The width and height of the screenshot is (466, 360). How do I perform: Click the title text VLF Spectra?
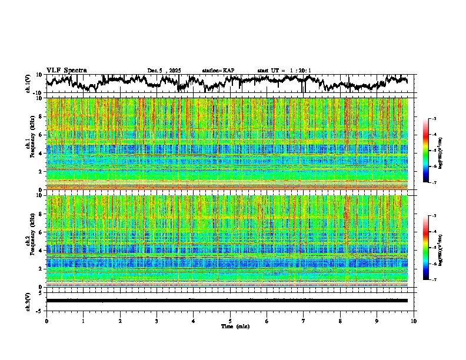click(x=66, y=71)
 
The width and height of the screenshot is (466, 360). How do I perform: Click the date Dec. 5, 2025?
click(x=164, y=71)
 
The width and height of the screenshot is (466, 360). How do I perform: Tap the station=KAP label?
click(x=218, y=71)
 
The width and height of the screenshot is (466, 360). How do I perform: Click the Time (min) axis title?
click(x=235, y=326)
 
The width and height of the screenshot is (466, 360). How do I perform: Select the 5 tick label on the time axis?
click(x=230, y=321)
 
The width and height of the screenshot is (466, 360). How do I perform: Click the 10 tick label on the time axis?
click(x=414, y=321)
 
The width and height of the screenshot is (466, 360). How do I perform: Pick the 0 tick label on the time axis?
click(x=46, y=321)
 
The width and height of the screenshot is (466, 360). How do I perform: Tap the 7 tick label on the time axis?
click(x=304, y=321)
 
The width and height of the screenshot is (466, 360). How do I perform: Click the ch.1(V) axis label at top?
click(x=28, y=84)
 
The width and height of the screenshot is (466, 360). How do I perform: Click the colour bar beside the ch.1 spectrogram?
click(x=426, y=151)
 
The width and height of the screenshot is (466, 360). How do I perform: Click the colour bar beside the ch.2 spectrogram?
click(x=426, y=248)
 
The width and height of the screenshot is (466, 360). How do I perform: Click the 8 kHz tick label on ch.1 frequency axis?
click(x=41, y=117)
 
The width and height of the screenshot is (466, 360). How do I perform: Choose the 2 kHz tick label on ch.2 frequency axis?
click(x=41, y=269)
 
